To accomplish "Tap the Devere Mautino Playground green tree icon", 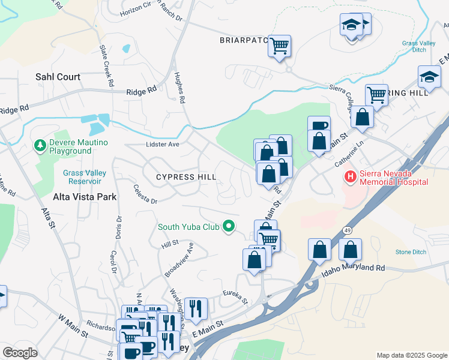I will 40,145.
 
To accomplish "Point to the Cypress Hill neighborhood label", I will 185,177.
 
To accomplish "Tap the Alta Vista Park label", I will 85,196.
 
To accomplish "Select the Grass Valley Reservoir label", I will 85,177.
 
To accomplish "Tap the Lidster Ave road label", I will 163,145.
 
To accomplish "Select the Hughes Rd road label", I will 179,88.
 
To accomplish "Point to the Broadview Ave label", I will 179,259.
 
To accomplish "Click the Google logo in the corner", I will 20,353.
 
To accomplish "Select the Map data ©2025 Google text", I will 411,355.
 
